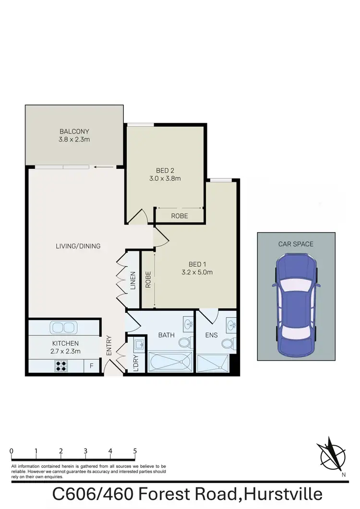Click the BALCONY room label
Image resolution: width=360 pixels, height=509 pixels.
74,131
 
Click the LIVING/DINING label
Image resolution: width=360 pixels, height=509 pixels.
78,246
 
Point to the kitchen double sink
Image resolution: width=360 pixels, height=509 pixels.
63,328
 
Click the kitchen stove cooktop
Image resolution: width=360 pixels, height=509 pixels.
61,366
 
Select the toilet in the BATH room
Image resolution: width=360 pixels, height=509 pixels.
184,342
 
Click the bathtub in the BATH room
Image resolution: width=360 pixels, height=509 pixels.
170,363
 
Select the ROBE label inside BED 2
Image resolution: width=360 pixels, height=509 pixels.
180,216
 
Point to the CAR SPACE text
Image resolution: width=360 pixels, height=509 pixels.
296,244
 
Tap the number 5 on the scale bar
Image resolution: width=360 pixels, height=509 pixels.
135,451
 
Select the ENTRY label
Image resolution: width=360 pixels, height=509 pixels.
109,345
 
